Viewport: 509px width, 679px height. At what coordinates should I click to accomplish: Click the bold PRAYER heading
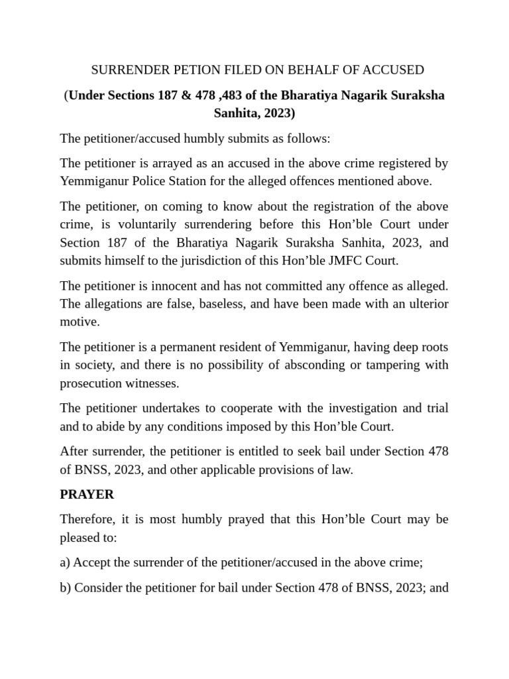click(x=87, y=494)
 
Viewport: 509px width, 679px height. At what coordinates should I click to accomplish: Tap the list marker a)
click(x=65, y=562)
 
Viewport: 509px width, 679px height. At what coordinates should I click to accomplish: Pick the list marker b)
click(x=65, y=587)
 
